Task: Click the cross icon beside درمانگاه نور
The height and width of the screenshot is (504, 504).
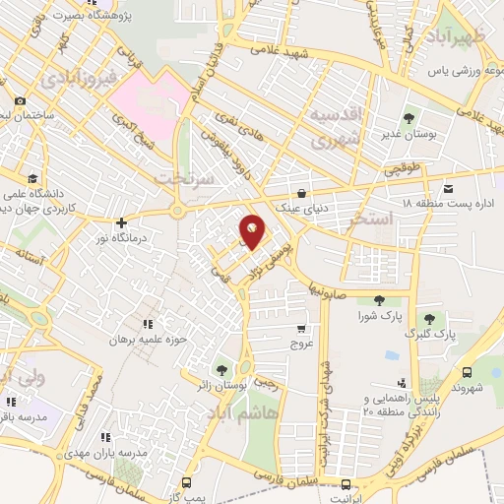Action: (x=121, y=222)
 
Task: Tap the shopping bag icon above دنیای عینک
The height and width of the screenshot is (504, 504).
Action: (x=300, y=194)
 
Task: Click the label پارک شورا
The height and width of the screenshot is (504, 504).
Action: (x=380, y=315)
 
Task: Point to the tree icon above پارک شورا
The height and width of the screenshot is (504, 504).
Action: (x=380, y=301)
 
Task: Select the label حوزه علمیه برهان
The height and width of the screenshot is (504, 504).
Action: (x=149, y=337)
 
